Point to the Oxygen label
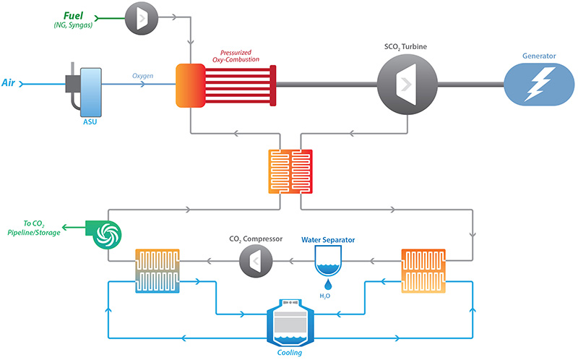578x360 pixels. click(x=142, y=76)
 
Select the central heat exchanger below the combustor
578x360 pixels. click(x=291, y=172)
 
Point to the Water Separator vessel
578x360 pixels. click(x=329, y=260)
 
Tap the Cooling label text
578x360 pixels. click(x=289, y=353)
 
